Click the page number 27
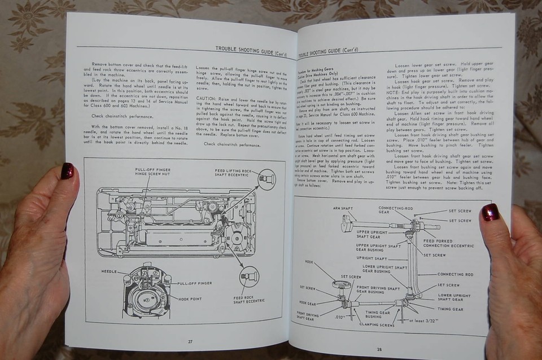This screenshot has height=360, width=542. [x=190, y=341]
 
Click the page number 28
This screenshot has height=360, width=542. [x=379, y=349]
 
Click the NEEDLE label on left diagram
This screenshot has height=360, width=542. [x=109, y=271]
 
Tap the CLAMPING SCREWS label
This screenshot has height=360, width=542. [x=378, y=325]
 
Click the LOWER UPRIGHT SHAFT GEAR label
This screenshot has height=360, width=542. [x=454, y=297]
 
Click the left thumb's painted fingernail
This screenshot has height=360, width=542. [x=67, y=170]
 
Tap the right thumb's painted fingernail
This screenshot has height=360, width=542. [x=489, y=212]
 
